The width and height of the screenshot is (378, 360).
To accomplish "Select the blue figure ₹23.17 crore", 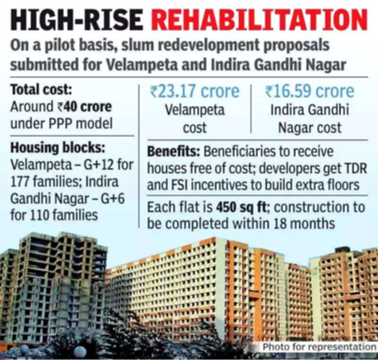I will pyautogui.click(x=195, y=92).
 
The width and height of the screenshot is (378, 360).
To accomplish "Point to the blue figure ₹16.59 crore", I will pyautogui.click(x=309, y=92).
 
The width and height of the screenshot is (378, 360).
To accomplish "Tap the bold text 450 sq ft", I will pyautogui.click(x=240, y=207).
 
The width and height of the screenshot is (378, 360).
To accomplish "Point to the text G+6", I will pyautogui.click(x=118, y=199).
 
